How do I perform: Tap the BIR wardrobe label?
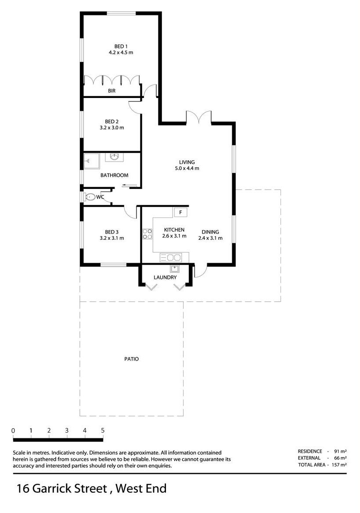[x=112, y=91]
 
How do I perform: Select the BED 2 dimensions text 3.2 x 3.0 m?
[x=112, y=128]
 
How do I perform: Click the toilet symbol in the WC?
[x=90, y=197]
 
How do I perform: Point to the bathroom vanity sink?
[x=115, y=157]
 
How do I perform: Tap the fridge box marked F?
[x=180, y=212]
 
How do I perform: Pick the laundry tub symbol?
[x=175, y=269]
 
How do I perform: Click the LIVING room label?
[x=187, y=162]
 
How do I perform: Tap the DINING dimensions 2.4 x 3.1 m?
[x=210, y=238]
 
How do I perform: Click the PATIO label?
[x=131, y=359]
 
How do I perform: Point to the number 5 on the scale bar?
[x=103, y=430]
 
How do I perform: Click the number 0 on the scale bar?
[x=13, y=430]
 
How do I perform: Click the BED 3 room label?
[x=112, y=232]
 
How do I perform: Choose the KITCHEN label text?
[x=174, y=230]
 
